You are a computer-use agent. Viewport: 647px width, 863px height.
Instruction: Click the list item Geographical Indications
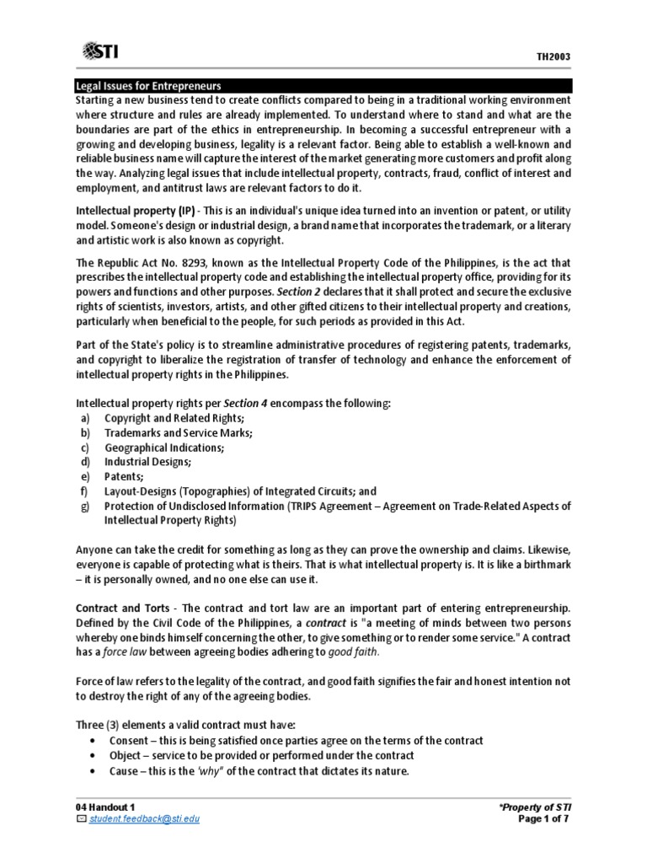point(163,448)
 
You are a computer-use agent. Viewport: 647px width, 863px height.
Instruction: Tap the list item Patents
point(124,476)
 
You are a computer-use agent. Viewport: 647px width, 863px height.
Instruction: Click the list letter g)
point(84,506)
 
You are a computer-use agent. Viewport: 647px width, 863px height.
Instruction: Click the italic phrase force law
point(127,651)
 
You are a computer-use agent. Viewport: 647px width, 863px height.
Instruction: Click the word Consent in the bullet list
point(126,740)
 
